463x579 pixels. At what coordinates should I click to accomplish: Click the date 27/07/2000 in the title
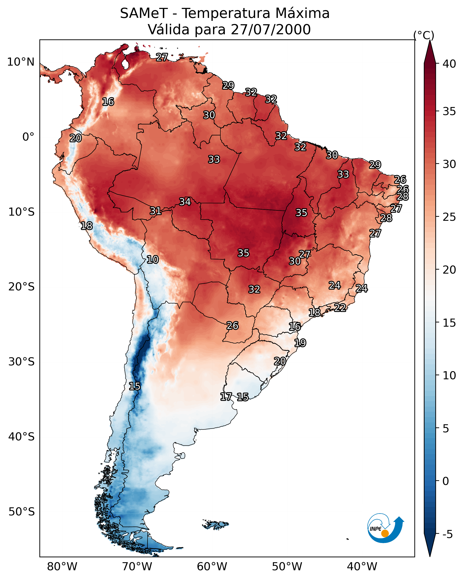pyautogui.click(x=270, y=30)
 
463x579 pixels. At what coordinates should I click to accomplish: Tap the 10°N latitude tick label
pyautogui.click(x=21, y=62)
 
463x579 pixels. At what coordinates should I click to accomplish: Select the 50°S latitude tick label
pyautogui.click(x=22, y=512)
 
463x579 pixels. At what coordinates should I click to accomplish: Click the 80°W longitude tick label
pyautogui.click(x=62, y=566)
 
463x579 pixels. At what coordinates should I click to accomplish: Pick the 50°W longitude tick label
pyautogui.click(x=287, y=566)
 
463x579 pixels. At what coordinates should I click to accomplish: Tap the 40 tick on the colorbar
pyautogui.click(x=449, y=64)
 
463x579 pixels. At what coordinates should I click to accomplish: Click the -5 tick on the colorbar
pyautogui.click(x=447, y=534)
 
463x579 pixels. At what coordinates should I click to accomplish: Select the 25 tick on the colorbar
pyautogui.click(x=449, y=217)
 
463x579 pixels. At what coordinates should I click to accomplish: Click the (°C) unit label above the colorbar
pyautogui.click(x=424, y=35)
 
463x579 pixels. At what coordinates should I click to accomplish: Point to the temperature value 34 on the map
pyautogui.click(x=185, y=202)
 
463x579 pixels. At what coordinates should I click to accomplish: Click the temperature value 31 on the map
pyautogui.click(x=155, y=211)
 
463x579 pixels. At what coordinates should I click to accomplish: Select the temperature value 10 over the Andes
pyautogui.click(x=153, y=259)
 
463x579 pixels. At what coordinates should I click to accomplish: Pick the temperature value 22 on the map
pyautogui.click(x=340, y=307)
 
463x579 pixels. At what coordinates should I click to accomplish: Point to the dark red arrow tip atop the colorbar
pyautogui.click(x=430, y=47)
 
